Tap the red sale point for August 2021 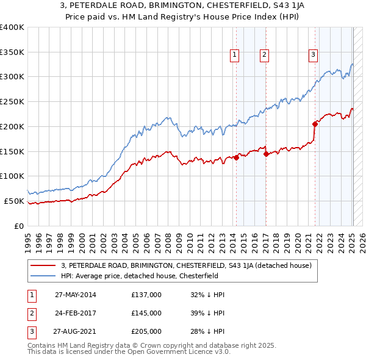315,123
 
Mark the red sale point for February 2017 267,154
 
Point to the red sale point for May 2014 236,157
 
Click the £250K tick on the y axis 12,101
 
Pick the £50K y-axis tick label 14,201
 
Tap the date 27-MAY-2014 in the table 75,295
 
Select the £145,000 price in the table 146,313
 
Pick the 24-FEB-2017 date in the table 75,313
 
